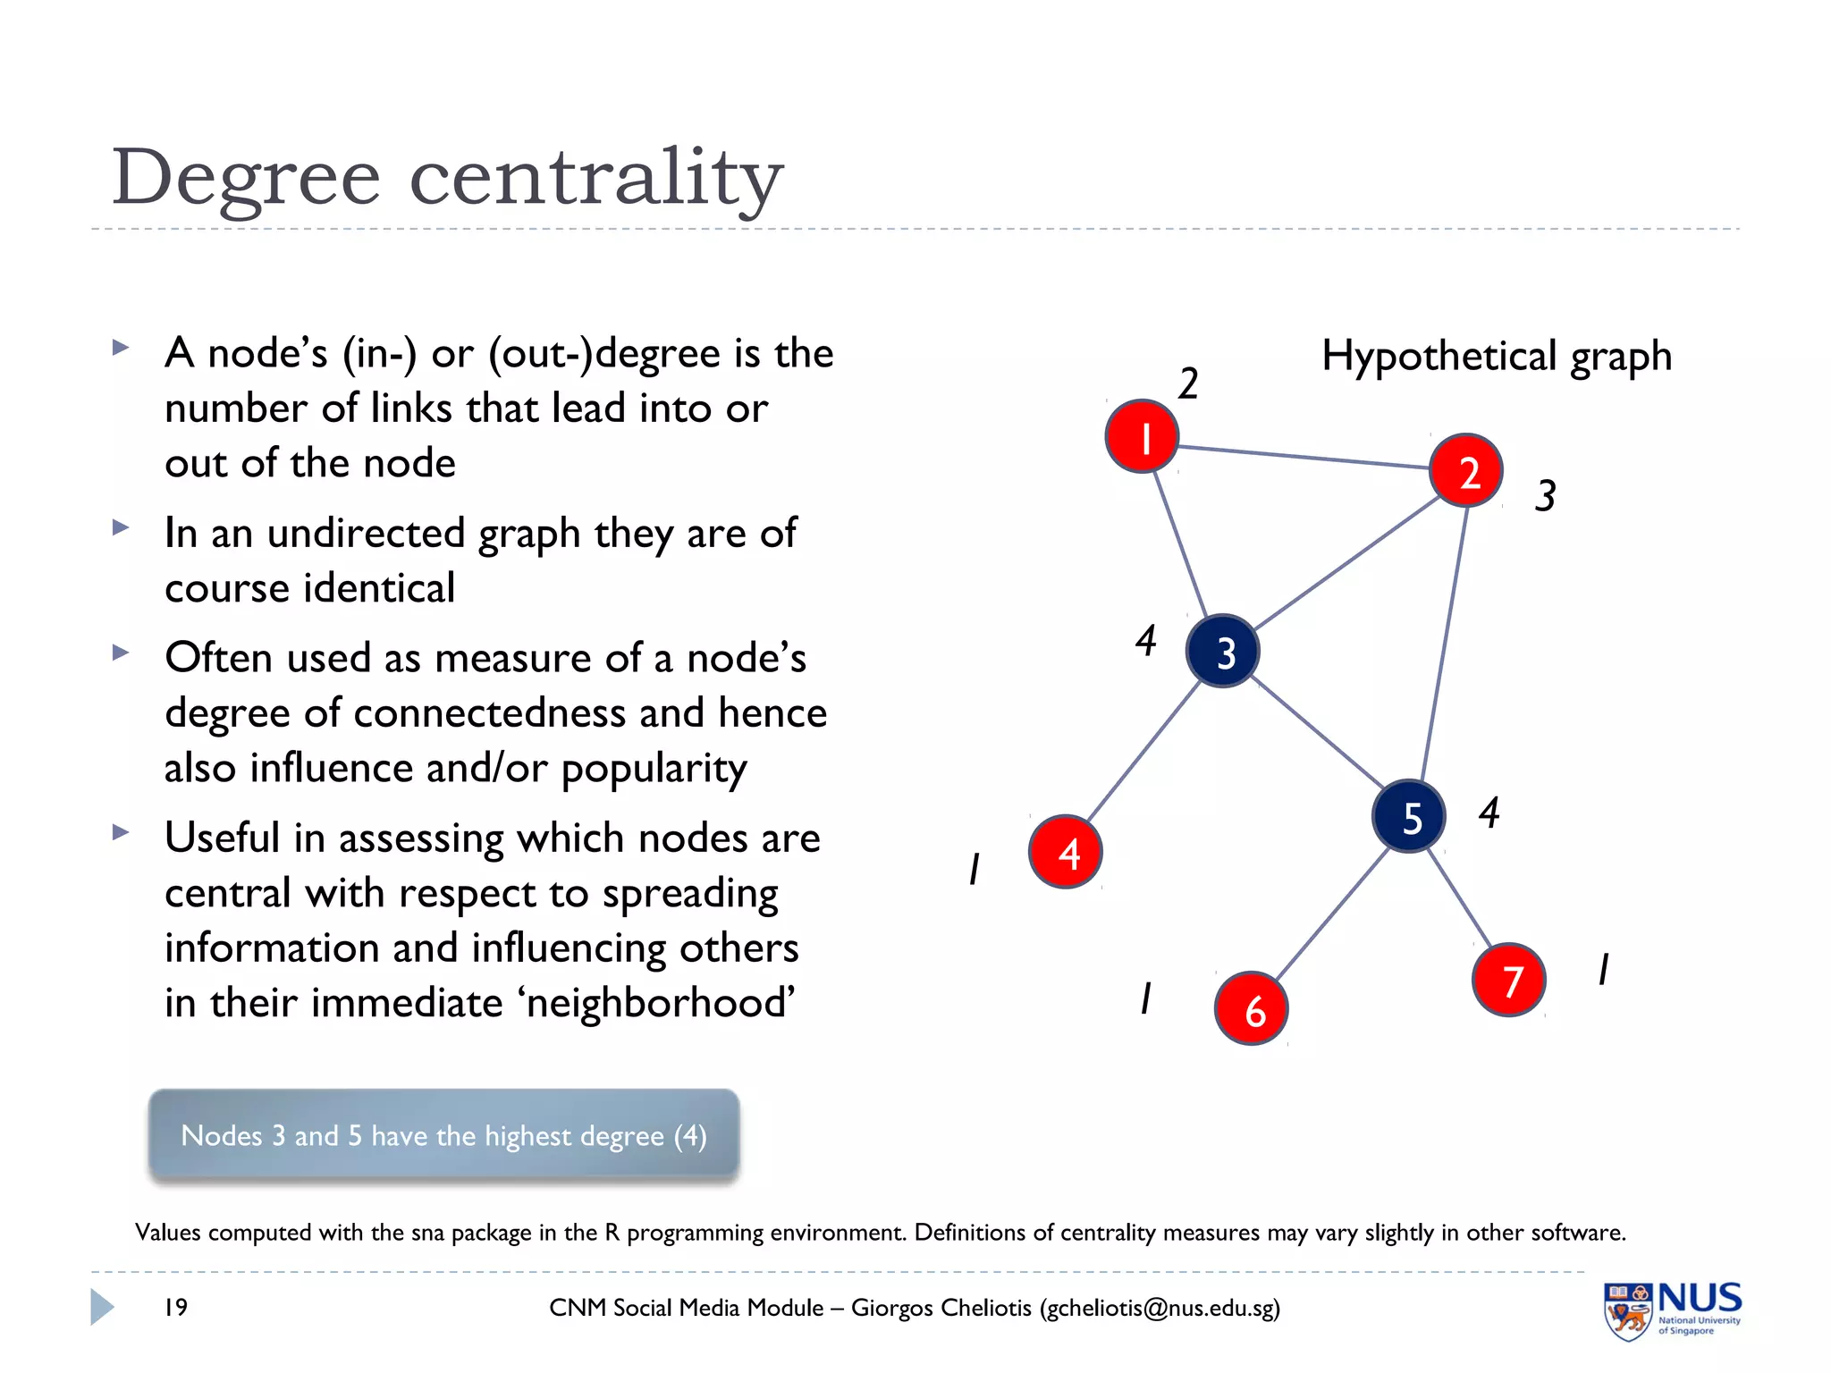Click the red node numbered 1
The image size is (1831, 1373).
(1142, 436)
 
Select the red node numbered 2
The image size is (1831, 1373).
(1466, 470)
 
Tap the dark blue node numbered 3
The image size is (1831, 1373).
(1223, 652)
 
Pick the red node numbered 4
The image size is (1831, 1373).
(1066, 852)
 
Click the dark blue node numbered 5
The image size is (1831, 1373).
(1409, 816)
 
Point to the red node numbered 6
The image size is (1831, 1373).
(1252, 1008)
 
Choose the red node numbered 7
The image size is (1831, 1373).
(1509, 980)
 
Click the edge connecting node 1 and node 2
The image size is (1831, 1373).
(1304, 456)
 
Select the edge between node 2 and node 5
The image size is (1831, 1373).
(1443, 644)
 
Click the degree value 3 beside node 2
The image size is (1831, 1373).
(1546, 495)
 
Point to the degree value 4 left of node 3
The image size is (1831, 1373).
(1146, 640)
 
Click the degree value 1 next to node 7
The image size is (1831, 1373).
(1604, 969)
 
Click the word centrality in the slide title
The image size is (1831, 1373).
(596, 179)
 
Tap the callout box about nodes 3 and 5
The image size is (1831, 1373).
(444, 1135)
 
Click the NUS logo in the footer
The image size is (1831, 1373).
(1672, 1309)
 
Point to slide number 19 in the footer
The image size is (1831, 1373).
(176, 1307)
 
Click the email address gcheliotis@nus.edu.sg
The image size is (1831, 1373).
(1160, 1308)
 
